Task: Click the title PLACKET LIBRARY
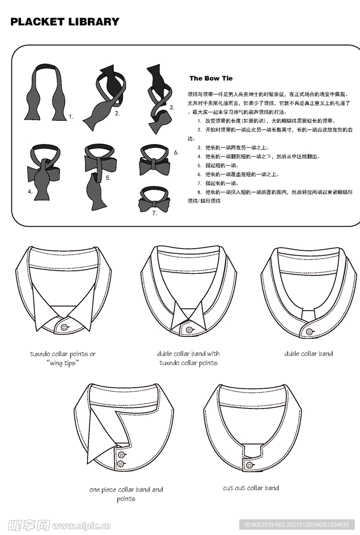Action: [x=65, y=22]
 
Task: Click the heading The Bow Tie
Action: [x=211, y=78]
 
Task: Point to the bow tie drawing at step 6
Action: [x=154, y=159]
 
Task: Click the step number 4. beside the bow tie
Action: [x=30, y=191]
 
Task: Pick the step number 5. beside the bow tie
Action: [x=108, y=178]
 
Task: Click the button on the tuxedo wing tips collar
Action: [x=64, y=327]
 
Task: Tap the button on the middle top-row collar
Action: [x=190, y=330]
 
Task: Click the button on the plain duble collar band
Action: [x=309, y=332]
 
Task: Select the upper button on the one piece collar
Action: [x=122, y=455]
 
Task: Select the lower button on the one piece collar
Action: [x=122, y=464]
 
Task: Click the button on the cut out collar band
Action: [x=249, y=464]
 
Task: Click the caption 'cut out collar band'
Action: [x=251, y=488]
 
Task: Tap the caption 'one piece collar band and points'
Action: [x=126, y=494]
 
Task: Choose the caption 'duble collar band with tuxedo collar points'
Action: [x=188, y=358]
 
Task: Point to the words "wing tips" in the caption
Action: [x=63, y=363]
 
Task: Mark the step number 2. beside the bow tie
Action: [x=118, y=113]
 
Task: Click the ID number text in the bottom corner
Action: [x=297, y=525]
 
